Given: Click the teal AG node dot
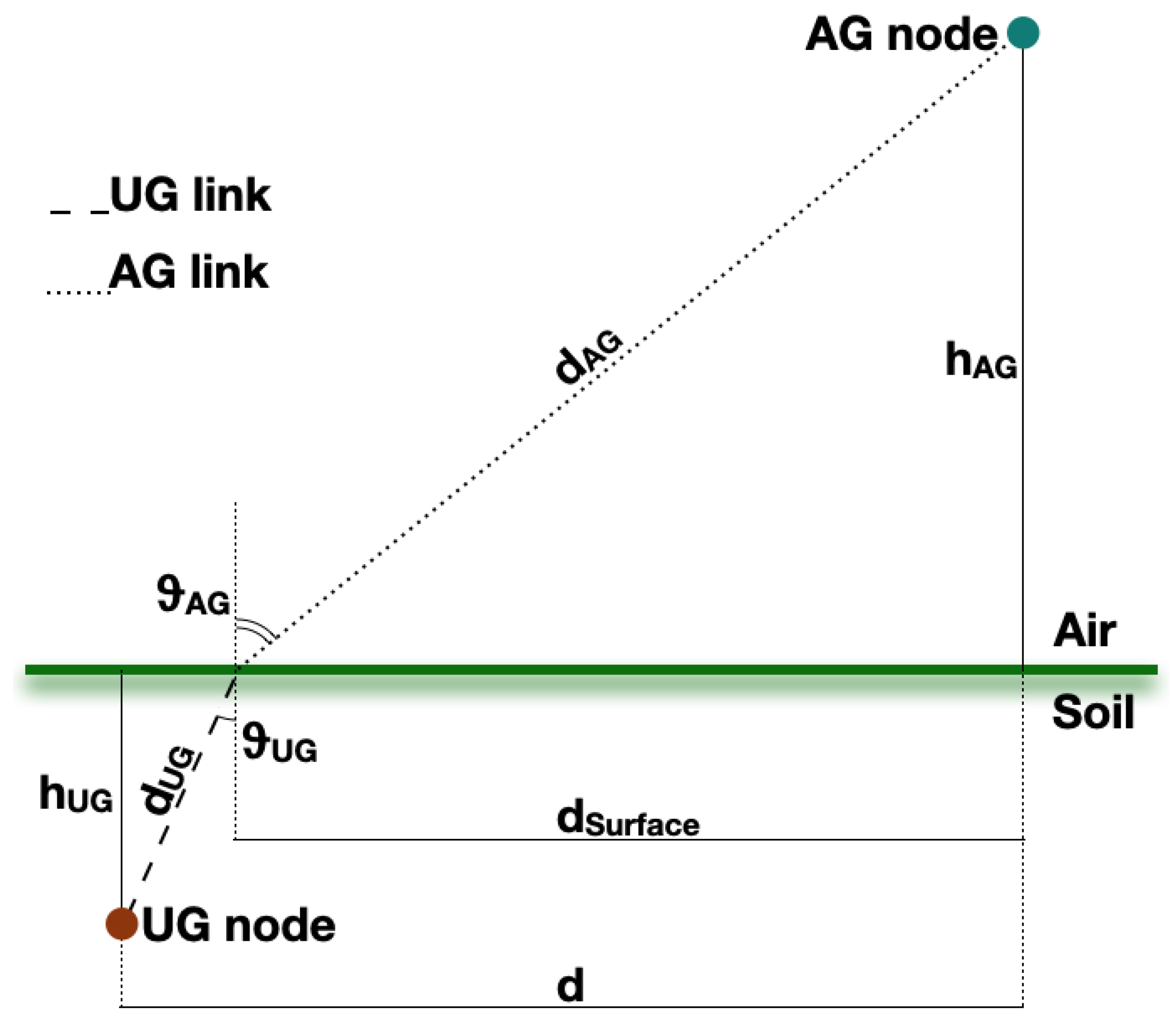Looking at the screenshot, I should click(x=1023, y=33).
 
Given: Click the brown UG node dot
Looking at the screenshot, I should click(x=122, y=924).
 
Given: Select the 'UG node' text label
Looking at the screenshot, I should click(x=238, y=926).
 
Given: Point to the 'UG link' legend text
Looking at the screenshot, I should click(x=190, y=195).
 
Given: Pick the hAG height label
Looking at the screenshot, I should click(x=980, y=360).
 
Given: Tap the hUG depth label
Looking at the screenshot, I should click(x=76, y=794).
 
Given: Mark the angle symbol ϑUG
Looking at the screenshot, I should click(x=279, y=743).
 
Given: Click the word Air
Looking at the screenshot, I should click(x=1084, y=630).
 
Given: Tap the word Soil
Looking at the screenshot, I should click(x=1092, y=712).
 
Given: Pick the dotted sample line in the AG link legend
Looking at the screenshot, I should click(x=79, y=292).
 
